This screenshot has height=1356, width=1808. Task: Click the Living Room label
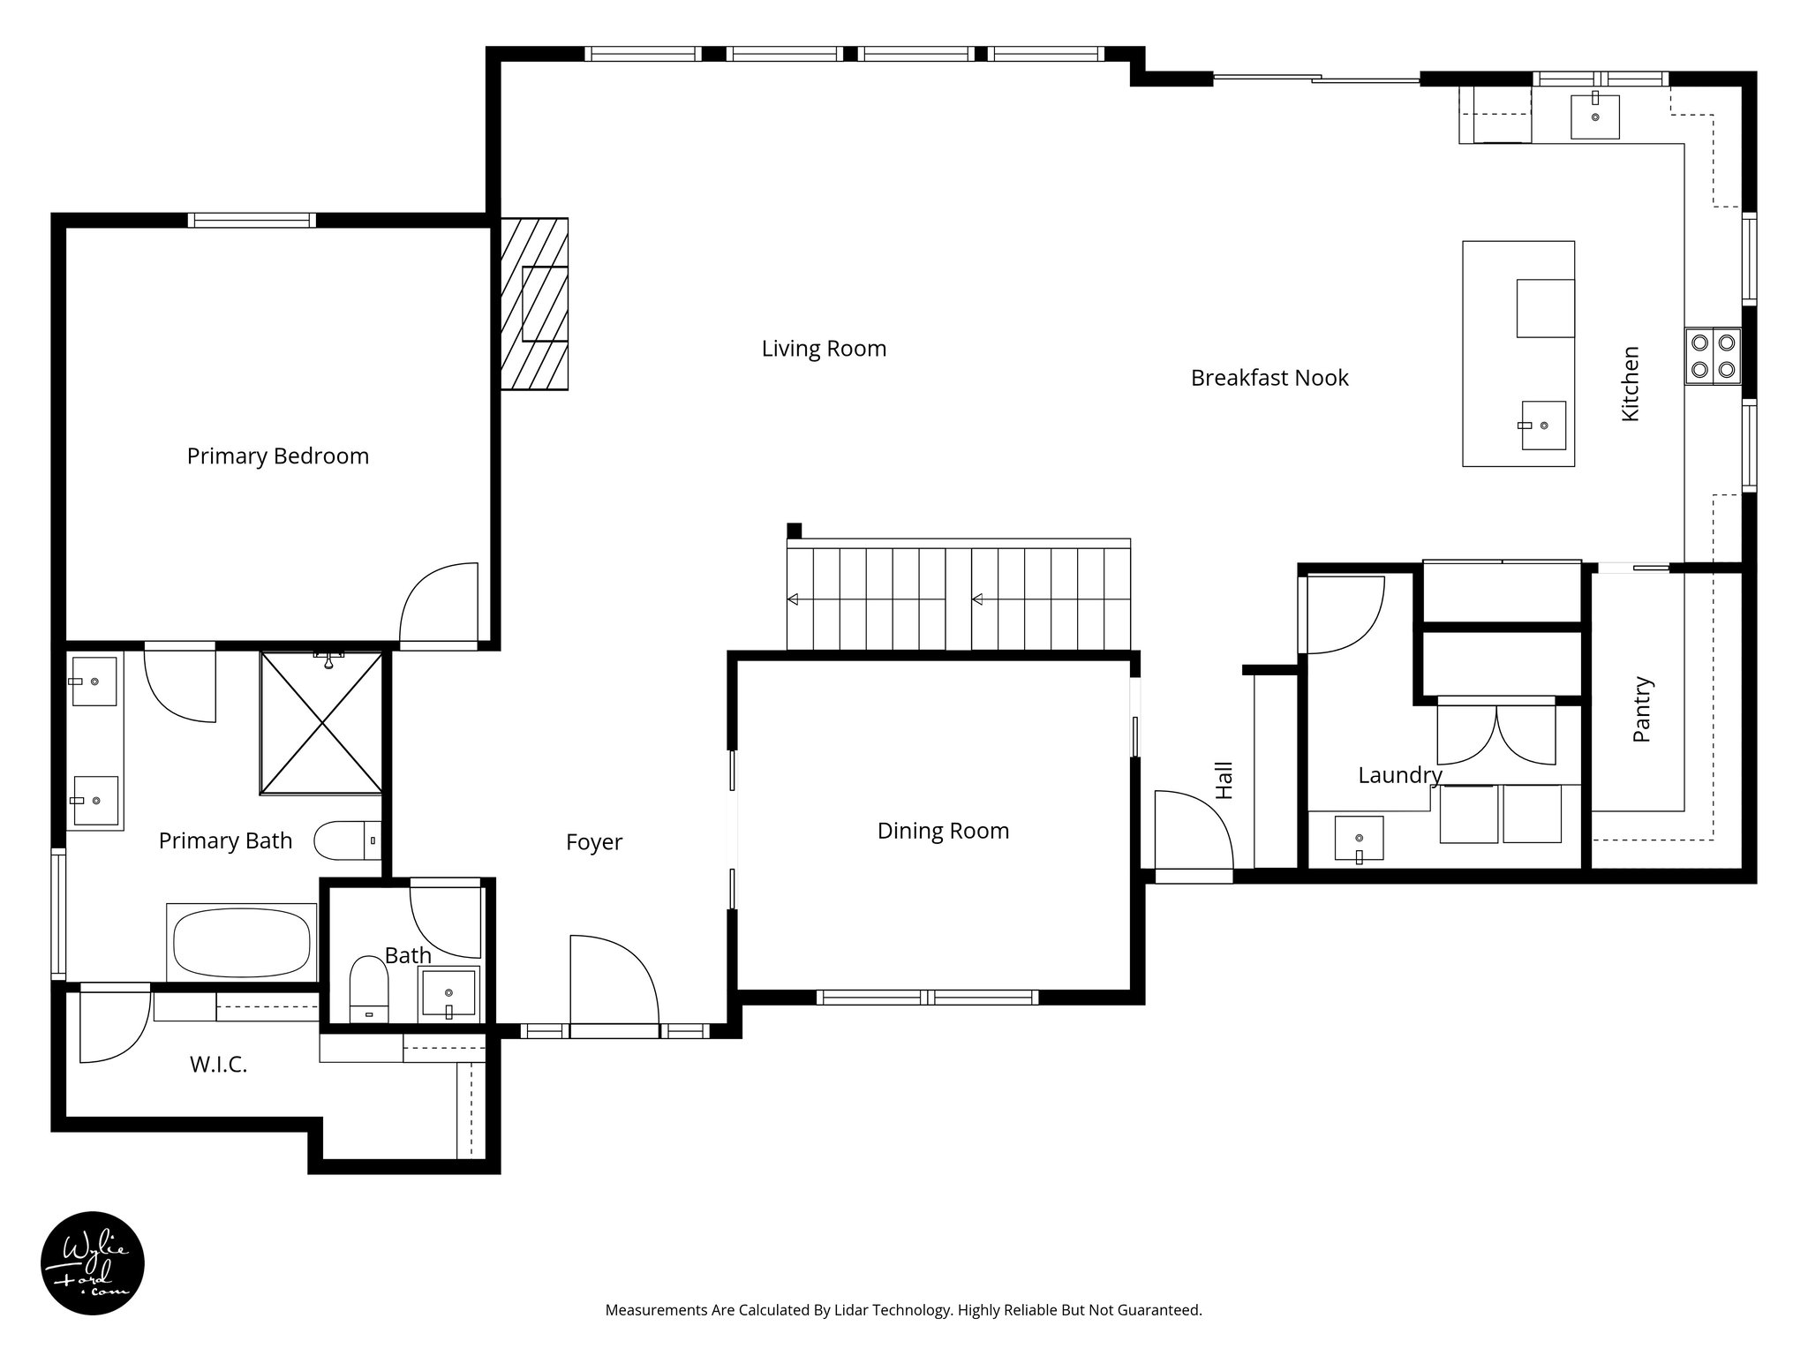[x=824, y=349]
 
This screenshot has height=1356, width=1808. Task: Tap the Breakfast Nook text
[x=1269, y=378]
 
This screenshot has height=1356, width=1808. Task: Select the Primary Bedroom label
[x=277, y=456]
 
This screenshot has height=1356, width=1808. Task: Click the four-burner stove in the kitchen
[x=1713, y=356]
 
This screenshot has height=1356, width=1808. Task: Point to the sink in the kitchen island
[x=1543, y=425]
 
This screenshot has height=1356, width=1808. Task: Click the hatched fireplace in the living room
[x=534, y=304]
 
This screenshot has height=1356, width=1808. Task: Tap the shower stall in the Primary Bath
[x=321, y=723]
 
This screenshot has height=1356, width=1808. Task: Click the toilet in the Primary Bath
[x=347, y=840]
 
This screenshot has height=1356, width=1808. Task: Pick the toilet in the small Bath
[x=369, y=988]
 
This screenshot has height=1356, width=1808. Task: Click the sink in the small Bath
[x=449, y=992]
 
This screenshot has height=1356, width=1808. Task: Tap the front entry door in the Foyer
[x=613, y=982]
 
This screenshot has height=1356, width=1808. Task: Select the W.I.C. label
[x=218, y=1066]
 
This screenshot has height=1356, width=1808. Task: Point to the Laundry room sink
[x=1359, y=839]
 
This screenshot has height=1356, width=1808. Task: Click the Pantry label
[x=1641, y=709]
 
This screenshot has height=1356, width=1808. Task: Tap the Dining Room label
[x=943, y=831]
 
